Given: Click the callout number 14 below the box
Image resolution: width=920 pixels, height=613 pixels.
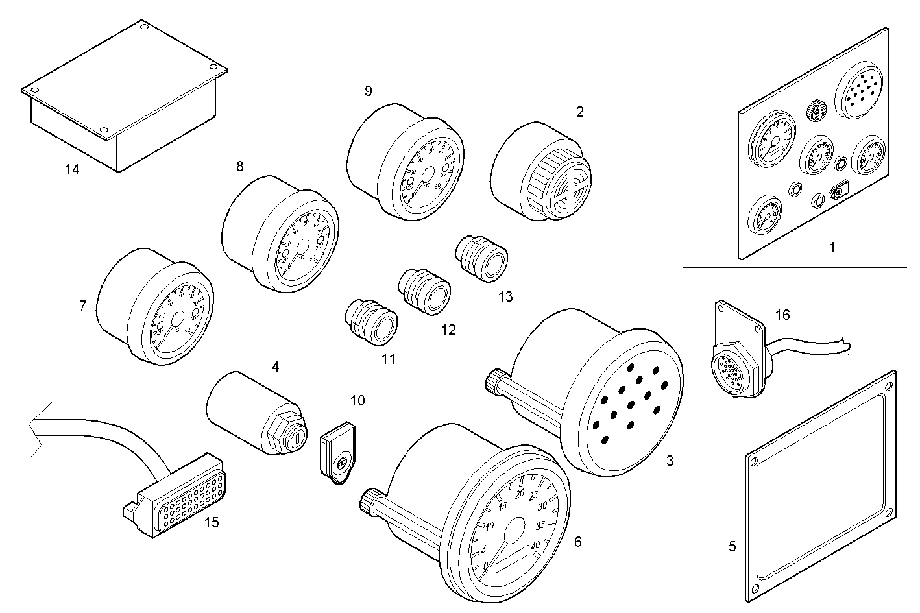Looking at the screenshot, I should click(x=72, y=170).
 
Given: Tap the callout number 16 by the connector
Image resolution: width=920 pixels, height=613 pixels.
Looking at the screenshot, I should click(x=782, y=315).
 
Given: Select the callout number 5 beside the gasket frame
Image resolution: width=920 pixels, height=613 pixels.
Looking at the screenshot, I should click(x=732, y=546).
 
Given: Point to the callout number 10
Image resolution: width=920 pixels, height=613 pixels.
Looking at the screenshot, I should click(x=357, y=400).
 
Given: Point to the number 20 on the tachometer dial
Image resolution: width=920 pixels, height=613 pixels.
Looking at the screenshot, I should click(x=520, y=494).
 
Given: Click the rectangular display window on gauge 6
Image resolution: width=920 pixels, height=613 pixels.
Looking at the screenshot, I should click(x=513, y=566).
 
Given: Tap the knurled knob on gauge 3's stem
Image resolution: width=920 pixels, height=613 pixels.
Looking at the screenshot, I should click(x=497, y=382).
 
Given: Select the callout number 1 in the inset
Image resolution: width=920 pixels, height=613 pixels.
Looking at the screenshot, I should click(x=832, y=247).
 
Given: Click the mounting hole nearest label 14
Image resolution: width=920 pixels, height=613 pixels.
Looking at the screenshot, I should click(x=105, y=128).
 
